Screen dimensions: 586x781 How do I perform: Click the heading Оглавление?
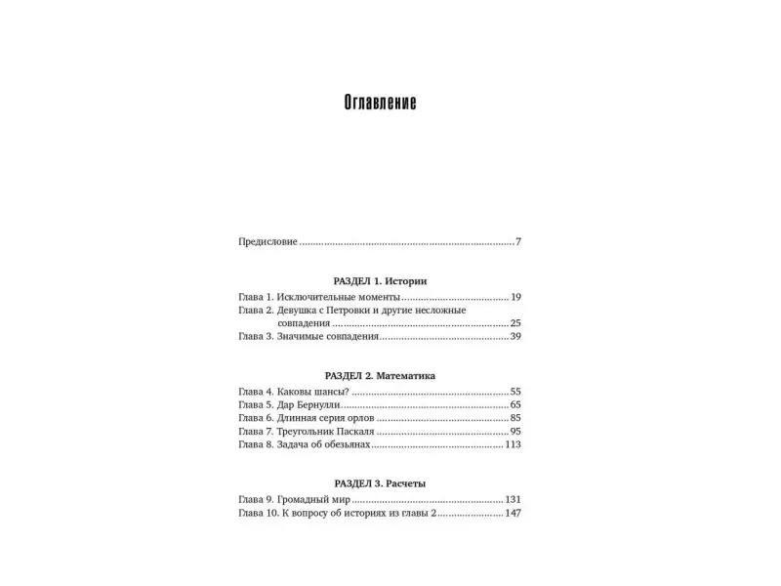pyautogui.click(x=381, y=103)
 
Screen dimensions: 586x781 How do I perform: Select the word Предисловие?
pyautogui.click(x=267, y=241)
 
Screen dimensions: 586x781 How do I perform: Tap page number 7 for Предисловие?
pyautogui.click(x=518, y=241)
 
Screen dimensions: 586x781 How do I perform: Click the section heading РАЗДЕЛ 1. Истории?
pyautogui.click(x=380, y=280)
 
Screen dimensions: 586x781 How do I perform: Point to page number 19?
pyautogui.click(x=515, y=296)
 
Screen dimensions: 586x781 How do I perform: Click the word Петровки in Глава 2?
pyautogui.click(x=357, y=310)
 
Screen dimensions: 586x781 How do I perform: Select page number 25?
pyautogui.click(x=515, y=322)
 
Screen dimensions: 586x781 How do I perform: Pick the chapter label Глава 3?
pyautogui.click(x=256, y=336)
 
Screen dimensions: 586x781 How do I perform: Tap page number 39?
pyautogui.click(x=515, y=336)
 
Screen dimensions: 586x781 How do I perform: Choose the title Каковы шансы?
pyautogui.click(x=313, y=391)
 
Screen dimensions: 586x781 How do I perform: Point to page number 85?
pyautogui.click(x=515, y=417)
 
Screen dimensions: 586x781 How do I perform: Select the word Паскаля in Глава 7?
pyautogui.click(x=354, y=431)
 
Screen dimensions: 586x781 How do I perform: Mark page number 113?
pyautogui.click(x=514, y=444)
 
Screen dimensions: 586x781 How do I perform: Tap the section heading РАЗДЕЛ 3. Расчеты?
pyautogui.click(x=380, y=483)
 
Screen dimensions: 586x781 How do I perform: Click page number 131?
pyautogui.click(x=514, y=499)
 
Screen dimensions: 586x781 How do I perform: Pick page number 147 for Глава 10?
pyautogui.click(x=514, y=513)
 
